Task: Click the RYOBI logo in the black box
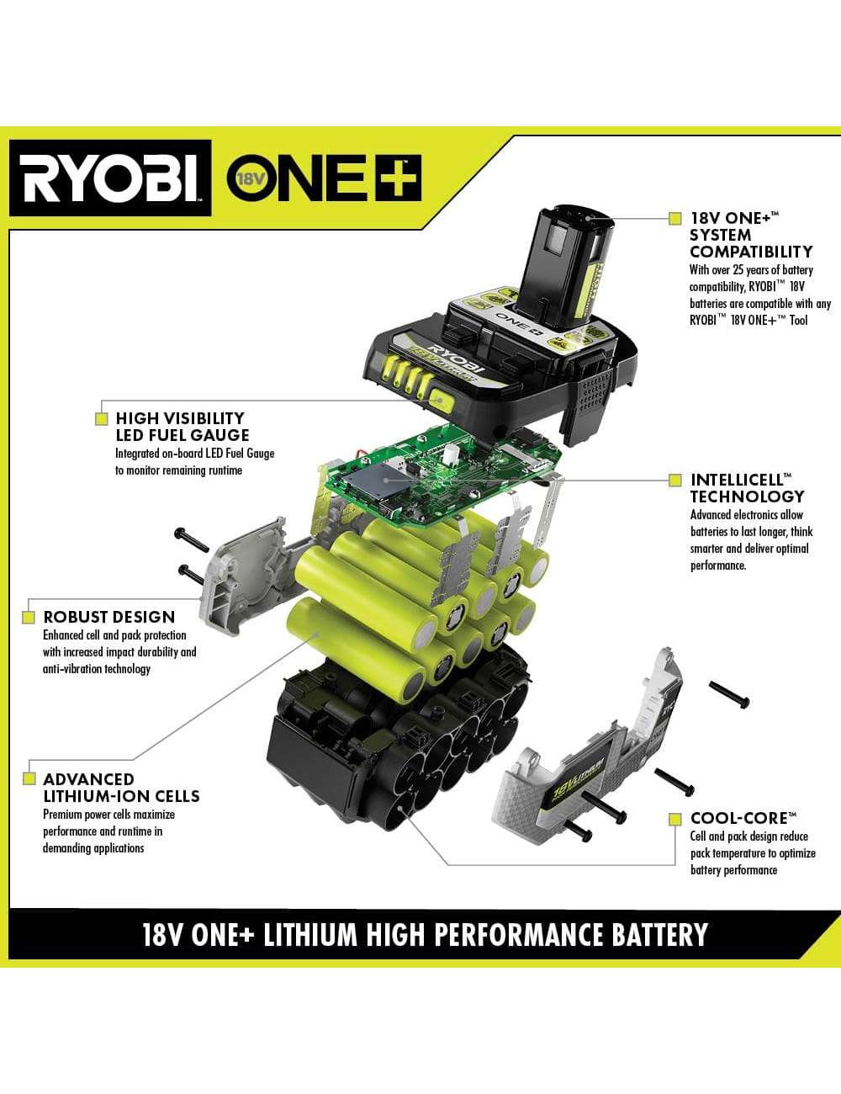pyautogui.click(x=110, y=178)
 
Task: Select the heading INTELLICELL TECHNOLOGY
pyautogui.click(x=747, y=488)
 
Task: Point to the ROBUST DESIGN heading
pyautogui.click(x=109, y=617)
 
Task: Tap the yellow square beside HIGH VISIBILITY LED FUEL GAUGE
pyautogui.click(x=102, y=418)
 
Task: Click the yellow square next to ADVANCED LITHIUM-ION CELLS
pyautogui.click(x=29, y=778)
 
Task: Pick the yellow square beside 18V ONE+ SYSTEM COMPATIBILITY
pyautogui.click(x=675, y=219)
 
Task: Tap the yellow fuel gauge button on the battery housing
pyautogui.click(x=442, y=401)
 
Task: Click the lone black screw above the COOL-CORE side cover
pyautogui.click(x=729, y=695)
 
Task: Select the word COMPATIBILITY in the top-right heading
pyautogui.click(x=751, y=252)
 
